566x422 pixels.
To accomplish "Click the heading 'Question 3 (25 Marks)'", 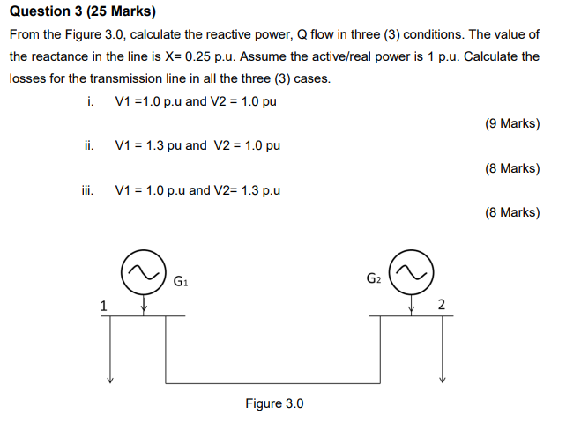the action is pos(81,12).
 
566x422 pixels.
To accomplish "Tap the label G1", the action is pos(182,282).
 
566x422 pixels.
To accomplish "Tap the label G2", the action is pos(374,280).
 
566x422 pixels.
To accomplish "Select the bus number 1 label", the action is pos(103,306).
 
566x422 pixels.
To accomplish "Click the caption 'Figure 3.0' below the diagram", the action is pos(274,403).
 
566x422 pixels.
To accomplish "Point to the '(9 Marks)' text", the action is pos(512,123).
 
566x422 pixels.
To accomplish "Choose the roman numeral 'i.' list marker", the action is pos(90,100).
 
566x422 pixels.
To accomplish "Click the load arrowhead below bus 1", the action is pos(110,381).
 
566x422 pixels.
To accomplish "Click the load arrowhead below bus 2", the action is pos(443,381).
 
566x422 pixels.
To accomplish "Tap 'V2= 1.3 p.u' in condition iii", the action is pos(248,189).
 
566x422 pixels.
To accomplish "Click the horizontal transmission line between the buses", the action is pos(274,383).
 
